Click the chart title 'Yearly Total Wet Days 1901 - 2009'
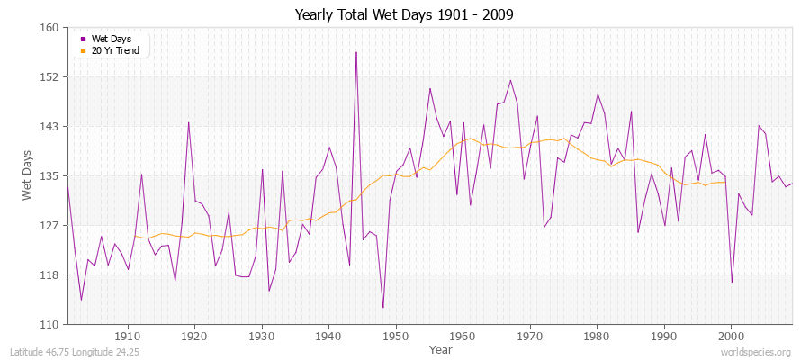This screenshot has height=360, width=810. [404, 15]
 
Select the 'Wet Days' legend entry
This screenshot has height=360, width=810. [111, 39]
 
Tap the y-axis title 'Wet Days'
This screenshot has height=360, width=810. [28, 175]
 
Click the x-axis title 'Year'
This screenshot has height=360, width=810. [441, 349]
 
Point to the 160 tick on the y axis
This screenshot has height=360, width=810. [49, 28]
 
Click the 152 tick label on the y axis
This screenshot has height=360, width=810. [49, 77]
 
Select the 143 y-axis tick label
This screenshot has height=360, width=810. [49, 127]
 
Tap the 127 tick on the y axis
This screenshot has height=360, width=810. [49, 225]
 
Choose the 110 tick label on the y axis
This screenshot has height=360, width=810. [49, 324]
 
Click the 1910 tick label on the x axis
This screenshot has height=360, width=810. [128, 336]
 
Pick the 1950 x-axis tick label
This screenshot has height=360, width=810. [396, 336]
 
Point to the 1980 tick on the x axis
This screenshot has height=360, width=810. [597, 336]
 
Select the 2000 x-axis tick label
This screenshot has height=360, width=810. [731, 336]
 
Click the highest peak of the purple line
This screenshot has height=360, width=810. [356, 52]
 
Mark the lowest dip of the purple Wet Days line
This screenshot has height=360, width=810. [383, 308]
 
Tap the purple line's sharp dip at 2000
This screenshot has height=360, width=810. [732, 282]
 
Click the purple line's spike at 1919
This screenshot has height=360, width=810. [189, 122]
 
